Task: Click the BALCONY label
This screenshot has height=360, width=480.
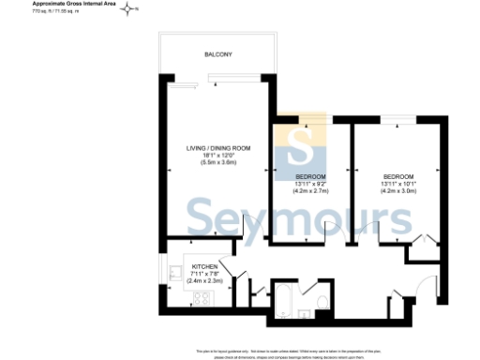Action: click(217, 55)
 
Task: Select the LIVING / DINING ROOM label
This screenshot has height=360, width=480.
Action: click(217, 148)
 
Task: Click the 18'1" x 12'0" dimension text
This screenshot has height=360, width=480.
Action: click(217, 156)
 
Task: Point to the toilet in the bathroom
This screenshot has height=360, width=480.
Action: click(322, 302)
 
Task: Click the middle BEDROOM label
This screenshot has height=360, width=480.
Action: click(310, 177)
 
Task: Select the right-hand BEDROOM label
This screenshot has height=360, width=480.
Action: click(398, 177)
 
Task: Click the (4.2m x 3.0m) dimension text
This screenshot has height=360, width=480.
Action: click(398, 191)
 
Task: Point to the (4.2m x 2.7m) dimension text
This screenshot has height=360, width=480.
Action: click(310, 191)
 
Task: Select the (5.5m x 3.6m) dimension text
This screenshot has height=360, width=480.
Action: click(217, 163)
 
